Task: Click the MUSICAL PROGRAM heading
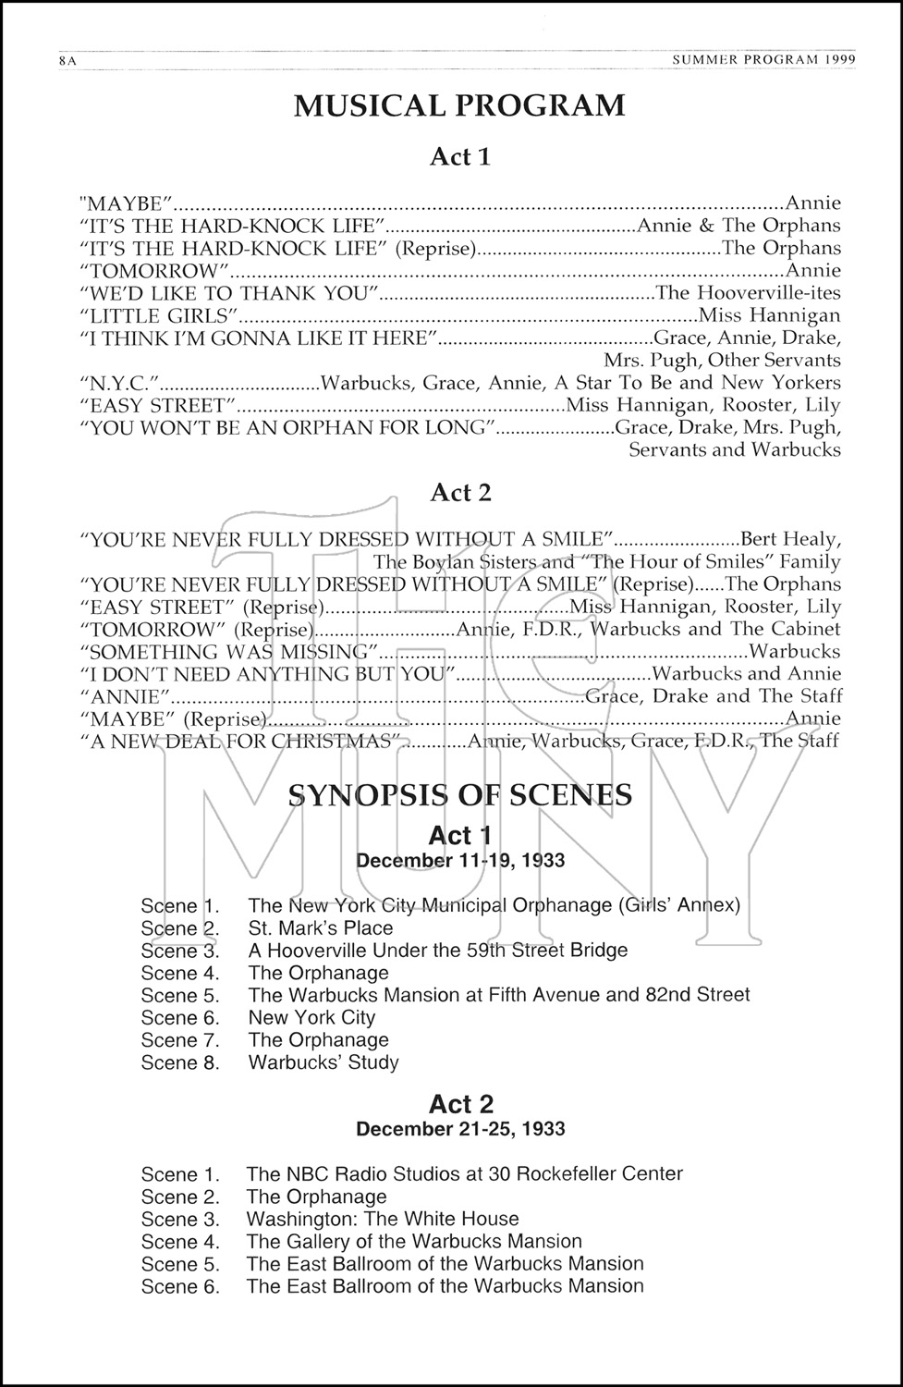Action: [x=459, y=106]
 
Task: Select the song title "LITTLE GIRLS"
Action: [x=160, y=315]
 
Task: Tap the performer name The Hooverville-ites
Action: [x=748, y=293]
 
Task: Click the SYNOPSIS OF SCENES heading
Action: [x=460, y=794]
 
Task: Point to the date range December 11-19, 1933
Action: [x=460, y=860]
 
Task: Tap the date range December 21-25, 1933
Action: [x=460, y=1129]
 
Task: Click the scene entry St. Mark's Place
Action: [x=321, y=928]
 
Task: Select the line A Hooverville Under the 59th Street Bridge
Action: [x=438, y=951]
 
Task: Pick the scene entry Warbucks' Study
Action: [x=323, y=1062]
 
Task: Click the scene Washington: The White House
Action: [x=383, y=1219]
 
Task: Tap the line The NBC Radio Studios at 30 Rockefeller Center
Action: [x=465, y=1174]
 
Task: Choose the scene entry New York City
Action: [x=311, y=1018]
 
